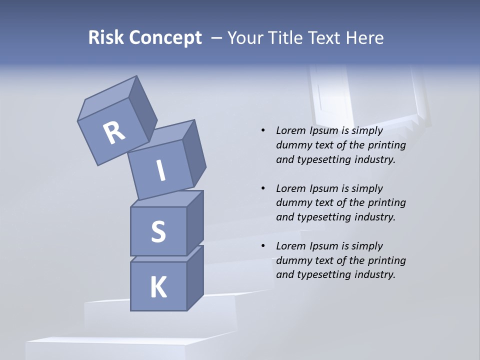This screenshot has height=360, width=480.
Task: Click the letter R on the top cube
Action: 114,133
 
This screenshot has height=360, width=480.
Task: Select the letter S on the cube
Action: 158,231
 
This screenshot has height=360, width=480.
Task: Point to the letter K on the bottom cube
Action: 158,287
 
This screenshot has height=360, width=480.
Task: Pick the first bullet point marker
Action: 263,131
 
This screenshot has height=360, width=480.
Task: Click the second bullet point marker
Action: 263,188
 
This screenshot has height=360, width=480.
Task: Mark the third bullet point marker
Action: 263,246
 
